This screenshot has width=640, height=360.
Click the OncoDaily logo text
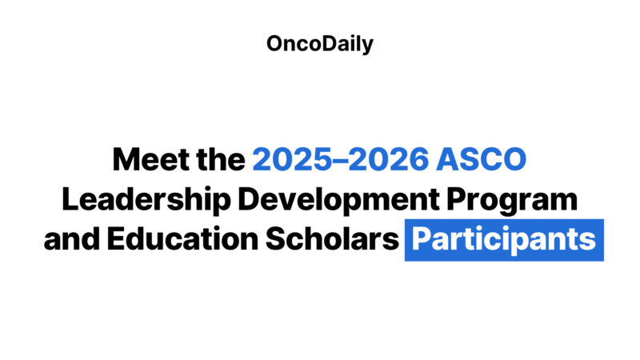[x=320, y=44]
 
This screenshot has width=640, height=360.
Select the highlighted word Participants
[x=504, y=240]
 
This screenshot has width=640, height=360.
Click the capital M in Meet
[x=126, y=160]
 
